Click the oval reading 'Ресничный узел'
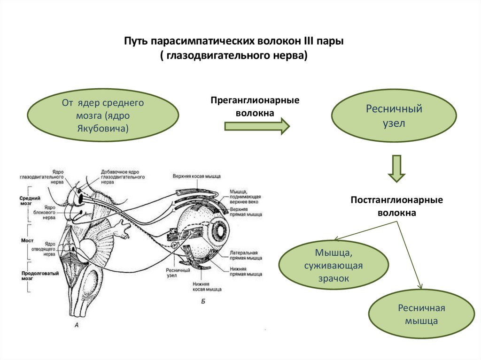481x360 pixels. [x=394, y=116]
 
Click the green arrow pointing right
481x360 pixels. [x=256, y=126]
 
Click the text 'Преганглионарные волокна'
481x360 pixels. [x=255, y=107]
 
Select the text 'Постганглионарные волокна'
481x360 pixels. [x=397, y=206]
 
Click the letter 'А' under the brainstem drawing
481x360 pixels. [x=76, y=324]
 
